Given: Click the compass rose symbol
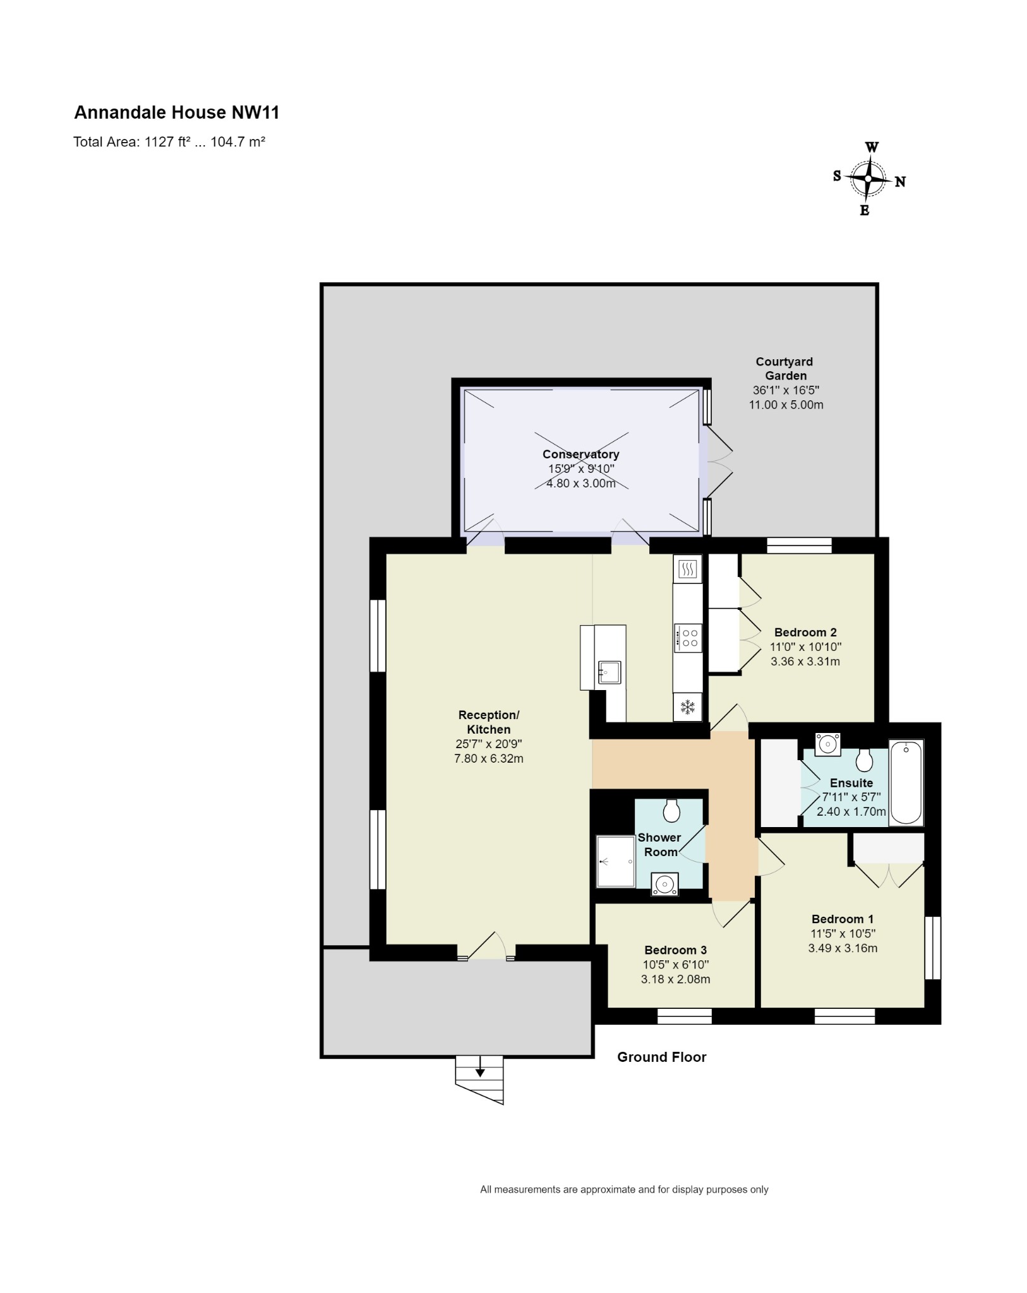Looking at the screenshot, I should (868, 179).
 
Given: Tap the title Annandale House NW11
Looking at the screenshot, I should (177, 112).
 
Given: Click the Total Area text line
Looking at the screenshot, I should (169, 142).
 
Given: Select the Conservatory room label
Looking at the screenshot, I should (580, 454).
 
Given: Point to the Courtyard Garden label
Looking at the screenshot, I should (784, 369).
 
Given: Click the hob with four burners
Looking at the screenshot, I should (688, 638).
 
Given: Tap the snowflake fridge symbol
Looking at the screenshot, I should (687, 707).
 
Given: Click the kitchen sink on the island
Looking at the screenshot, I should (610, 672).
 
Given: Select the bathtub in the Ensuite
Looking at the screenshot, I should (906, 783).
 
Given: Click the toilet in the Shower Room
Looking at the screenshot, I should (671, 810).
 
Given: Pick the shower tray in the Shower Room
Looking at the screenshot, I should (616, 862).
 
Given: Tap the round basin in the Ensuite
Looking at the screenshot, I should (827, 744).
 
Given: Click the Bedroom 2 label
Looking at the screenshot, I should (805, 633).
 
